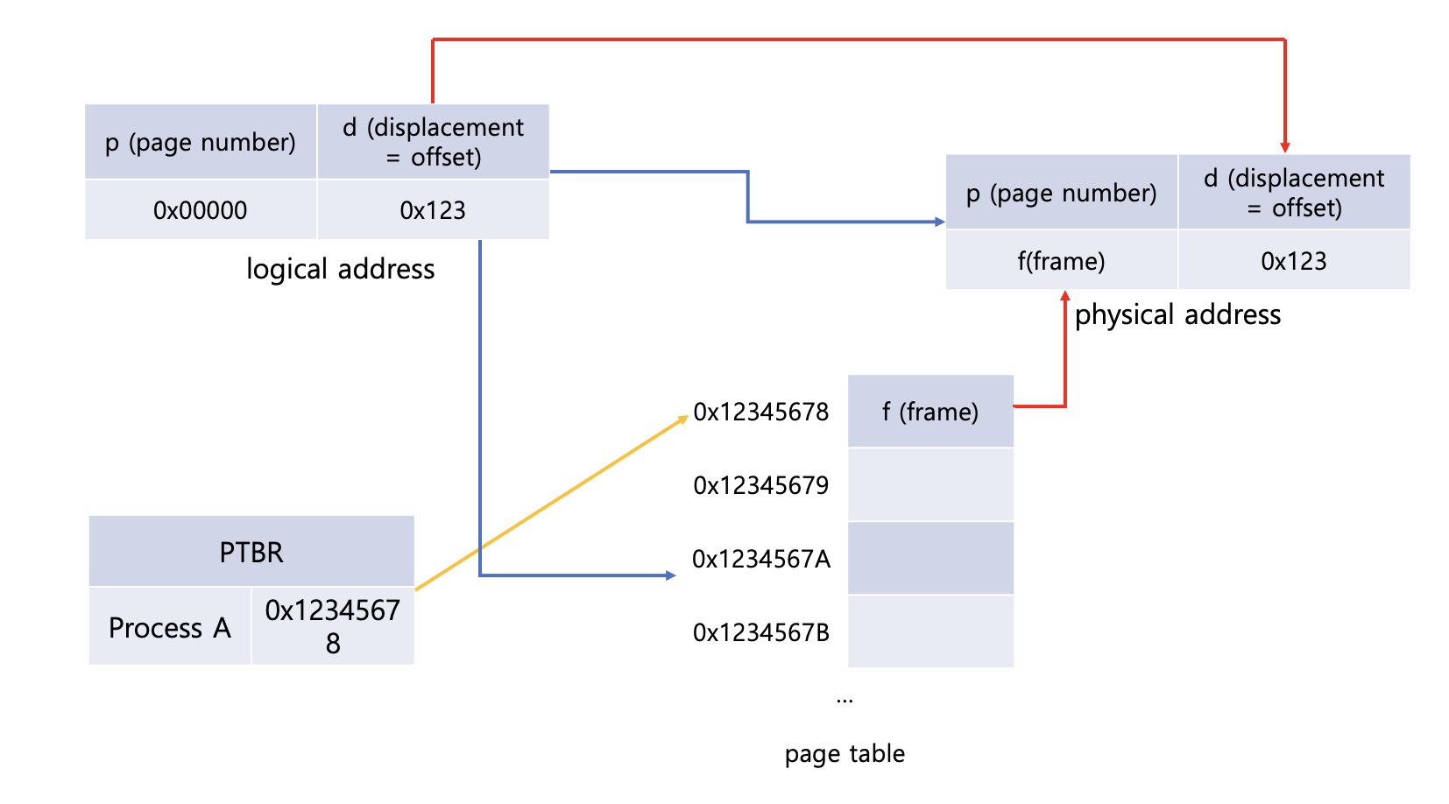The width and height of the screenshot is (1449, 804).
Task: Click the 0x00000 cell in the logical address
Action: tap(201, 209)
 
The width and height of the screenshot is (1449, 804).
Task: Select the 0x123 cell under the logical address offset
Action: tap(434, 209)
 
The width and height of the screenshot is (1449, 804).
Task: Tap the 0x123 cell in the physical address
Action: tap(1294, 260)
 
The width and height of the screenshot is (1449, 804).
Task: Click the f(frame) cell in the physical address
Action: tap(1062, 260)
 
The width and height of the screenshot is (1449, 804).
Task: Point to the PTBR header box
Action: tap(251, 551)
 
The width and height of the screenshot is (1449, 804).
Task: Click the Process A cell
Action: tap(169, 626)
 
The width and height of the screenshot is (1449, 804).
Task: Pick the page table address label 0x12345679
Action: tap(760, 485)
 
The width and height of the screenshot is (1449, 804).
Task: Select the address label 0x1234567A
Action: tap(760, 559)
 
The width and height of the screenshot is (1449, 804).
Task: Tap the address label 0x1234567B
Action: tap(760, 632)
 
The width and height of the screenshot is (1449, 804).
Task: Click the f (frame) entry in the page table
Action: tap(931, 412)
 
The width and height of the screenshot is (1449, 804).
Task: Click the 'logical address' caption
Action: tap(340, 269)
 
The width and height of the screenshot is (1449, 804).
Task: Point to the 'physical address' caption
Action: tap(1178, 315)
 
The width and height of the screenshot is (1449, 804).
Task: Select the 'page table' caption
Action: tap(845, 753)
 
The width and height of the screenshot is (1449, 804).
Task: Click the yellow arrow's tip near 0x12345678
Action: tap(688, 417)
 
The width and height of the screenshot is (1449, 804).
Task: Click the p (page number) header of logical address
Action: tap(201, 142)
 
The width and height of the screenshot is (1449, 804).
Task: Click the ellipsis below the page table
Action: tap(845, 701)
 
